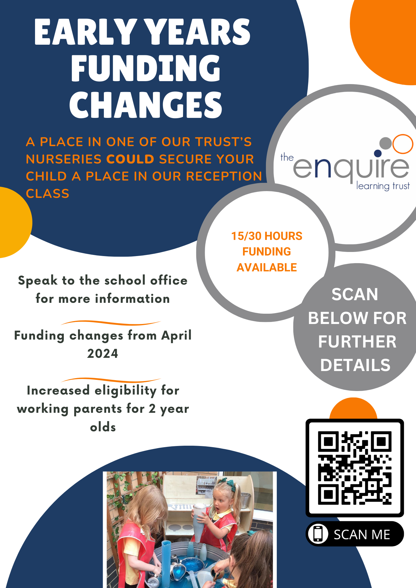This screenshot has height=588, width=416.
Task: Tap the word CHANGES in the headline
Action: [x=146, y=105]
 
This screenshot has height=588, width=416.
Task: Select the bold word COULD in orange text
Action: [x=130, y=159]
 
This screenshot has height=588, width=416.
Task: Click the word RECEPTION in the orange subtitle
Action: [x=224, y=176]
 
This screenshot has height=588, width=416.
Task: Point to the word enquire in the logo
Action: [x=351, y=168]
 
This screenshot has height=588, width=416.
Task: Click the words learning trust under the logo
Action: [x=383, y=186]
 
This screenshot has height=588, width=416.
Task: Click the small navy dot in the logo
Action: [x=377, y=153]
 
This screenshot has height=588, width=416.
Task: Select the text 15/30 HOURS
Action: [x=267, y=236]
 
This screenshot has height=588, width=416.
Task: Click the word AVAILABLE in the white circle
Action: [x=267, y=268]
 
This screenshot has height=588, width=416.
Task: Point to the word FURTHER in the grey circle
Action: [x=357, y=342]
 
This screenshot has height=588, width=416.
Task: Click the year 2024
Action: [x=102, y=353]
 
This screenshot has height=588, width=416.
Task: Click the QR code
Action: [x=355, y=468]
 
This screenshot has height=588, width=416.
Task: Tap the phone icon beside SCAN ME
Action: [x=318, y=534]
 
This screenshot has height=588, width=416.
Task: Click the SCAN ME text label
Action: [x=362, y=534]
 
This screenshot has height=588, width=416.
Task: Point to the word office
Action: [x=169, y=281]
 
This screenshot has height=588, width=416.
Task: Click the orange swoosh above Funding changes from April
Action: [x=111, y=323]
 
